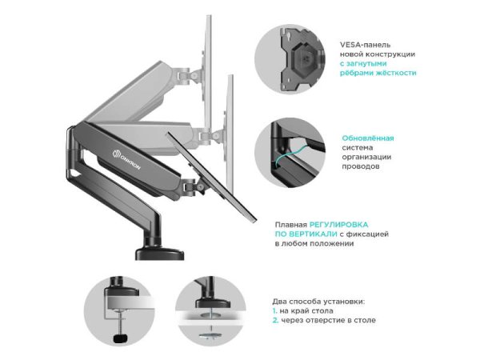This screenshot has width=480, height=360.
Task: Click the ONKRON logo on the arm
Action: tap(126, 159)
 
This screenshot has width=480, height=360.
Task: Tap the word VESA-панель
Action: tap(365, 45)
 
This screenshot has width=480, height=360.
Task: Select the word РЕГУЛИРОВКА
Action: tap(339, 225)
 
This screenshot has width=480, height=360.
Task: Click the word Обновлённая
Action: tap(368, 138)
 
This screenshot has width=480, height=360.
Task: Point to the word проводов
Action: tap(360, 167)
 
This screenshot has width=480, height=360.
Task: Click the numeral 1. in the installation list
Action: tap(274, 310)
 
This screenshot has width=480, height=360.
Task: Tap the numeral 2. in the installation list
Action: tap(275, 320)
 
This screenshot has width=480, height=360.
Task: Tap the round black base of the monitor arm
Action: tap(160, 254)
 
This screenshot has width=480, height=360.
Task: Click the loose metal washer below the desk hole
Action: tap(211, 335)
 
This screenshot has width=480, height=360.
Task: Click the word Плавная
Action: tap(291, 225)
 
